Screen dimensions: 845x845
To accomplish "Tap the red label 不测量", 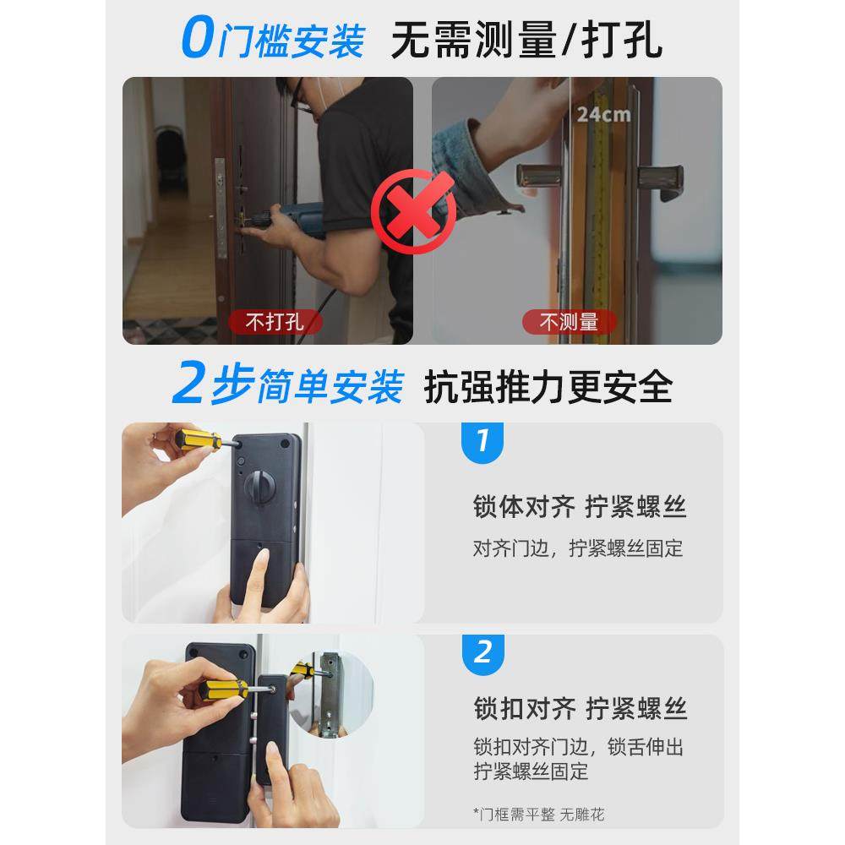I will pos(569,322).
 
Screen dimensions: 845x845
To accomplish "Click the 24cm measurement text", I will pos(603,113).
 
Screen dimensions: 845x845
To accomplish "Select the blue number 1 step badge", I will pos(482,440).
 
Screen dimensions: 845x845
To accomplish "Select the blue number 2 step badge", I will pos(482,651).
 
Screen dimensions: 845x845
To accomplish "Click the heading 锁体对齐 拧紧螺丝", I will pos(580,507).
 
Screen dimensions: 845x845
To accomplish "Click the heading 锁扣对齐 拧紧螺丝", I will pos(580,708).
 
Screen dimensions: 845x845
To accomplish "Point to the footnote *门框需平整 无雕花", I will pos(539,815).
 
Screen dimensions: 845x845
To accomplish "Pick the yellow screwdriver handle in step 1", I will pos(193,440).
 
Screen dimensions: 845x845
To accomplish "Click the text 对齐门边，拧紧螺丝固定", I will pos(578,548).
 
